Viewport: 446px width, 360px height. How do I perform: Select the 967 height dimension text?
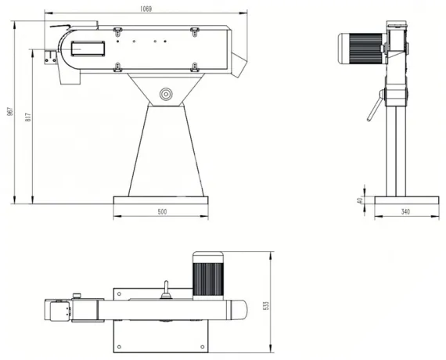[x=9, y=112]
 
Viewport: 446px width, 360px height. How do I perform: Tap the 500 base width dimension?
[x=162, y=211]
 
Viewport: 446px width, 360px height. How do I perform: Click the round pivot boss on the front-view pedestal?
[x=166, y=94]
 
